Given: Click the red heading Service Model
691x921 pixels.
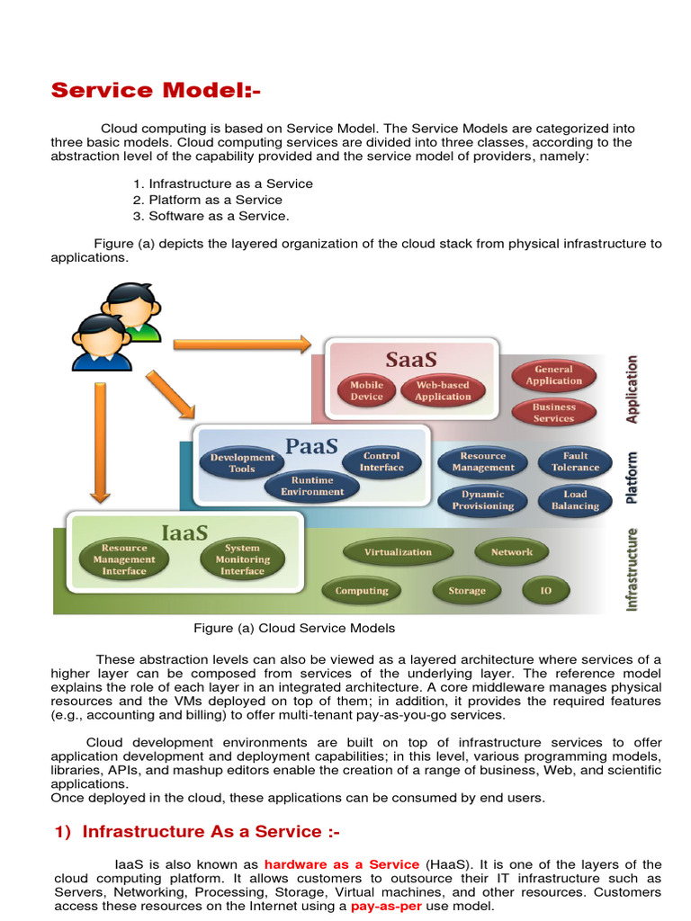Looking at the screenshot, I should tap(156, 90).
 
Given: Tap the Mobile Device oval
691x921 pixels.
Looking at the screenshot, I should tap(366, 390).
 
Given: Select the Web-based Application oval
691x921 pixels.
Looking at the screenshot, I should tap(443, 390).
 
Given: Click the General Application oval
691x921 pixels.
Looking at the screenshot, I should tap(553, 375).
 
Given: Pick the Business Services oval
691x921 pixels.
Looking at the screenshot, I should tap(553, 413).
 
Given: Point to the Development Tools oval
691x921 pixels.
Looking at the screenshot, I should tap(242, 462).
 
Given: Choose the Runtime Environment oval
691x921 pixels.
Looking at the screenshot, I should tap(312, 486).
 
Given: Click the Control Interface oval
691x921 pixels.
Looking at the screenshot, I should tap(381, 461).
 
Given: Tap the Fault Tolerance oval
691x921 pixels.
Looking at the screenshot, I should tap(575, 461).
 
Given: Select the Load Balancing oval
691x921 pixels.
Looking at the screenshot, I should tap(575, 500).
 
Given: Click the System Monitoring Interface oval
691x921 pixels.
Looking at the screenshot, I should tap(242, 559).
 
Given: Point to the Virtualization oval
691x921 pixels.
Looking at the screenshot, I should tap(398, 552).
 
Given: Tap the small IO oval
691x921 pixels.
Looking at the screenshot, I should tap(545, 591).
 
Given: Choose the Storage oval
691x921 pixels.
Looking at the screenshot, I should tap(466, 591).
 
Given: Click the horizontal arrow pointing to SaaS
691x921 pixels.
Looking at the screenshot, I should tap(242, 343).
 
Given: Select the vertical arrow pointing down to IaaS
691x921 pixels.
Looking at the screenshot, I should tap(99, 439).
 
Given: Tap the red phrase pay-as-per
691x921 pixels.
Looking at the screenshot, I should tap(385, 907).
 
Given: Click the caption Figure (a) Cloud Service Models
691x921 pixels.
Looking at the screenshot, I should tap(294, 628).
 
